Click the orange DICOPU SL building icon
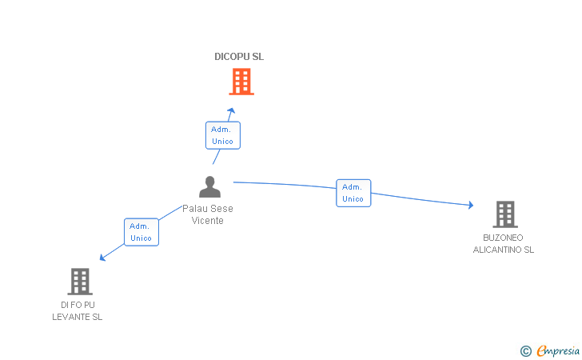[241, 82]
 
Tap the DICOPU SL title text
[239, 57]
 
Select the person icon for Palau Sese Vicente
[209, 186]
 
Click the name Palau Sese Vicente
[208, 214]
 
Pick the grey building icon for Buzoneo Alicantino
[505, 214]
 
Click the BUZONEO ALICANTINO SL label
[504, 244]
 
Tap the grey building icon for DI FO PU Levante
[80, 282]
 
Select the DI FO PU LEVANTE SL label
[78, 311]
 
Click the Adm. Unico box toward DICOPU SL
[223, 135]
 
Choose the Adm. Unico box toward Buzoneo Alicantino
[353, 193]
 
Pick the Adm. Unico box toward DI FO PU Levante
[142, 232]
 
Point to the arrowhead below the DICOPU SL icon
[231, 110]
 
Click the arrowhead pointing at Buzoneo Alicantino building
[471, 205]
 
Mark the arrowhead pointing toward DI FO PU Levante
[103, 258]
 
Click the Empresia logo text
[558, 350]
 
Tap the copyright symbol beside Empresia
[526, 351]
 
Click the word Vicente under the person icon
[208, 220]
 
